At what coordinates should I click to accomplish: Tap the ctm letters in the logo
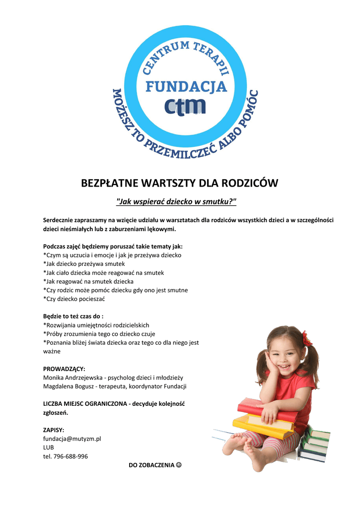[x=185, y=106]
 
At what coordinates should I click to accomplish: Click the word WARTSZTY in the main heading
[x=168, y=183]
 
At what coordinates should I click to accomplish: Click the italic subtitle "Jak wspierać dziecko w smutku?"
[x=176, y=202]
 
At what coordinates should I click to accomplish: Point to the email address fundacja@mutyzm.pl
[x=72, y=439]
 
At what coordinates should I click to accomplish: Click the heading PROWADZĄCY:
[x=64, y=369]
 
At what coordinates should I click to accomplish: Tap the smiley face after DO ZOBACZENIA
[x=179, y=465]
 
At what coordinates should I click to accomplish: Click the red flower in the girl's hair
[x=307, y=339]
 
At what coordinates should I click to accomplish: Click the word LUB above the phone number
[x=49, y=447]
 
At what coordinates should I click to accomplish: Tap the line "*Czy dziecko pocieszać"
[x=74, y=299]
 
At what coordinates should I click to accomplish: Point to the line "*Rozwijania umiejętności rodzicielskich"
[x=96, y=325]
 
